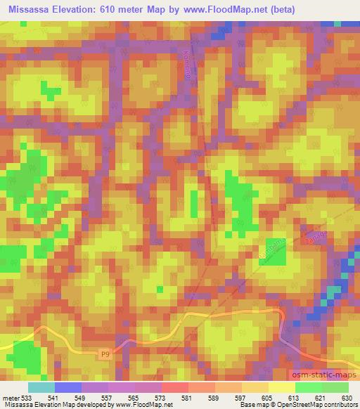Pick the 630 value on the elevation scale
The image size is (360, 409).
tap(347, 397)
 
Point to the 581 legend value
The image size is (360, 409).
tap(187, 397)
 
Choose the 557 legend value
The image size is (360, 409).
tap(105, 397)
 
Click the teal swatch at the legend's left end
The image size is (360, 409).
tap(41, 387)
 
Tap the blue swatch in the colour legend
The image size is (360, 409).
tap(68, 387)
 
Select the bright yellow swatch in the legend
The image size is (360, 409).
tap(281, 387)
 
